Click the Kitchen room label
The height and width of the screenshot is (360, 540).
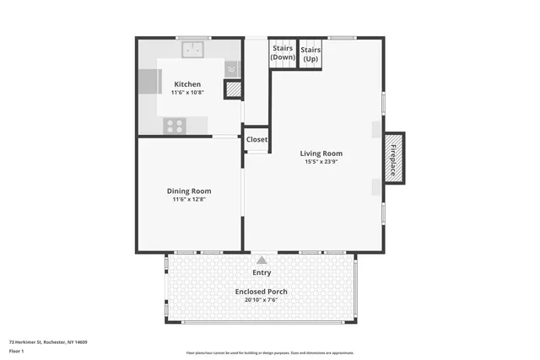pyautogui.click(x=187, y=84)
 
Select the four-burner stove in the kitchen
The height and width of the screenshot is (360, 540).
pyautogui.click(x=175, y=126)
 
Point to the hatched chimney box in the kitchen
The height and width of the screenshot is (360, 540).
pyautogui.click(x=231, y=90)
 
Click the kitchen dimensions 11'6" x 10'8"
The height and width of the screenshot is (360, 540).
pyautogui.click(x=187, y=93)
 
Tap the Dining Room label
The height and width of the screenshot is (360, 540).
pyautogui.click(x=188, y=191)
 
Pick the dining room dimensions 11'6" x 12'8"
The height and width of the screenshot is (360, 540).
pyautogui.click(x=188, y=200)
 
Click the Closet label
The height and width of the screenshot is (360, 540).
pyautogui.click(x=256, y=139)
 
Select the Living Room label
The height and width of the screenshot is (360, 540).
pyautogui.click(x=321, y=153)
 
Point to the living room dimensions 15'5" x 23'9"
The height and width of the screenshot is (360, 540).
pyautogui.click(x=321, y=162)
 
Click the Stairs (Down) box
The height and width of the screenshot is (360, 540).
pyautogui.click(x=283, y=53)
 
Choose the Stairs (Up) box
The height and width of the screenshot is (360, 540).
pyautogui.click(x=310, y=53)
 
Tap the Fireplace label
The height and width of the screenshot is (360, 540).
pyautogui.click(x=393, y=158)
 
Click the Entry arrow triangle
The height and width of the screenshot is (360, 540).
pyautogui.click(x=262, y=261)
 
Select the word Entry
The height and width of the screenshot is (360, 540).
pyautogui.click(x=262, y=272)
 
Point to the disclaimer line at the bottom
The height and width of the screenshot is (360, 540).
pyautogui.click(x=270, y=352)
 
